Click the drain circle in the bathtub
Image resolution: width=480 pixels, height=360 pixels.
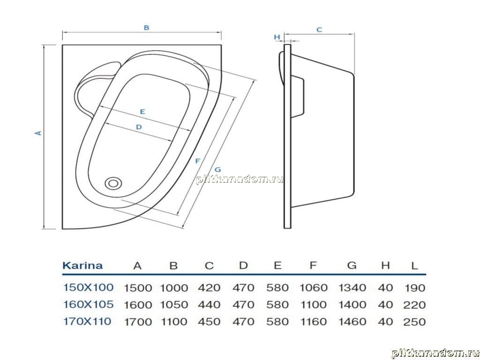pyautogui.click(x=113, y=183)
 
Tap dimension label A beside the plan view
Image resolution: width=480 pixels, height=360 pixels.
pyautogui.click(x=38, y=133)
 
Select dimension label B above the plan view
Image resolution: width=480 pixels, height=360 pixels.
pyautogui.click(x=146, y=28)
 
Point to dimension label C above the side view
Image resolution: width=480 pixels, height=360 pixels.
pyautogui.click(x=319, y=30)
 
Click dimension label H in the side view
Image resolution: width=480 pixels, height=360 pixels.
pyautogui.click(x=277, y=37)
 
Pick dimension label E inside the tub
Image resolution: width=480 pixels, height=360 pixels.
pyautogui.click(x=142, y=112)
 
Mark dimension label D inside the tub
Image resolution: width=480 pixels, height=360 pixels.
pyautogui.click(x=139, y=127)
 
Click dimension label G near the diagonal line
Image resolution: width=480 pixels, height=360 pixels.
pyautogui.click(x=217, y=170)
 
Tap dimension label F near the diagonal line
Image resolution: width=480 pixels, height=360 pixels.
pyautogui.click(x=198, y=161)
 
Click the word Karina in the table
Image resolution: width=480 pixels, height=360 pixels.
pyautogui.click(x=82, y=265)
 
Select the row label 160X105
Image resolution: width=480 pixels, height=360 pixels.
pyautogui.click(x=88, y=304)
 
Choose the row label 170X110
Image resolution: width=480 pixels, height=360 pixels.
pyautogui.click(x=87, y=322)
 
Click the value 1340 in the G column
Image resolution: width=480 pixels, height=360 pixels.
pyautogui.click(x=352, y=288)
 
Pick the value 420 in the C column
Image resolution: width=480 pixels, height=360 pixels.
pyautogui.click(x=209, y=288)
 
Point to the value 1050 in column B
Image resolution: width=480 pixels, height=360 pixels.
pyautogui.click(x=174, y=305)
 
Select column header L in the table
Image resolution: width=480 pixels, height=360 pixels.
pyautogui.click(x=414, y=265)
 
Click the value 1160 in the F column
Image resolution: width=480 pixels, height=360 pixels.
pyautogui.click(x=313, y=322)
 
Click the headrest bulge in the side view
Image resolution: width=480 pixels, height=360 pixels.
pyautogui.click(x=281, y=68)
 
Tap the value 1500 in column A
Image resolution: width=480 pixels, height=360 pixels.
pyautogui.click(x=138, y=288)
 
